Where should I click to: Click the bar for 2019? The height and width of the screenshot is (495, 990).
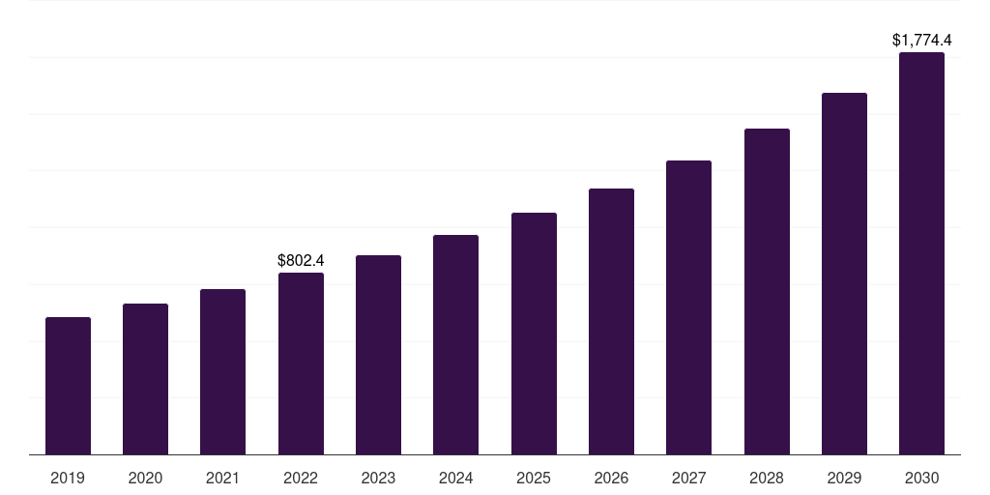[68, 386]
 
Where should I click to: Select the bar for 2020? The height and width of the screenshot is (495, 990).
[145, 379]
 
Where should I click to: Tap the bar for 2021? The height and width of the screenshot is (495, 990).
[222, 372]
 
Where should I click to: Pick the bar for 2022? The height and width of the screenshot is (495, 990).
[301, 364]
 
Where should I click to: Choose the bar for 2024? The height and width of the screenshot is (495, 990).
[455, 345]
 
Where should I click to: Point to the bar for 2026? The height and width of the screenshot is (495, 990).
[611, 322]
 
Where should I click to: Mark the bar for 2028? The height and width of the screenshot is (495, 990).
[767, 292]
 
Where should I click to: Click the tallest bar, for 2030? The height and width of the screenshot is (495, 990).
[921, 253]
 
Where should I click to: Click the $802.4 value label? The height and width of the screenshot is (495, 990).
[301, 260]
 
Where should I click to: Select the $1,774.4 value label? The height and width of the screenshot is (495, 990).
[921, 40]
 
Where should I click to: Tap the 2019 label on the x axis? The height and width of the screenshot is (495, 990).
[68, 479]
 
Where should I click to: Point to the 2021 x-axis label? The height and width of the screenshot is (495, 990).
[222, 479]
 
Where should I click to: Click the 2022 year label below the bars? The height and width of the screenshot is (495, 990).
[301, 479]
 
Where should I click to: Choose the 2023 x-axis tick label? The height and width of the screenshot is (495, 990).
[378, 479]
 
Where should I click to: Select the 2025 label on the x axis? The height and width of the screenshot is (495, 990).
[534, 479]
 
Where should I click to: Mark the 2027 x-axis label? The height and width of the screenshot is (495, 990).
[688, 479]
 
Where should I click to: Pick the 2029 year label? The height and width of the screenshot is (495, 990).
[844, 479]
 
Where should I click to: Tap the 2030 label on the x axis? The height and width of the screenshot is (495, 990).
[921, 479]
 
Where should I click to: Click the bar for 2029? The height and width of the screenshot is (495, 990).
[844, 274]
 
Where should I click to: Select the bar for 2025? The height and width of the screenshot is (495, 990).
[534, 334]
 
